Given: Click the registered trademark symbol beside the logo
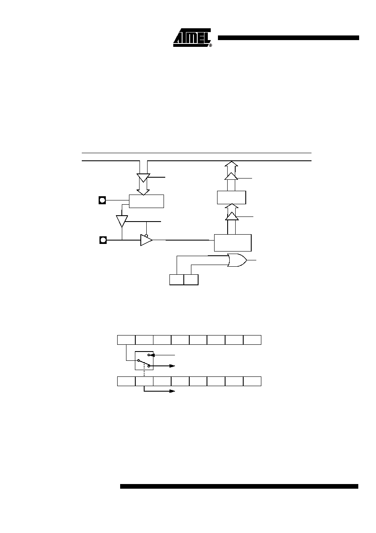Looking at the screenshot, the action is (x=210, y=45).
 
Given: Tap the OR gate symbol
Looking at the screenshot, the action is (x=237, y=260).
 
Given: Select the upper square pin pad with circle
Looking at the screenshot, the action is (x=102, y=200).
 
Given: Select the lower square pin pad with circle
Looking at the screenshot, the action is (x=103, y=240).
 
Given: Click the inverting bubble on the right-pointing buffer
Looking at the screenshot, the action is (x=146, y=235).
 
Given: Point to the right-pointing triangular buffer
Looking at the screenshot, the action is (x=146, y=240).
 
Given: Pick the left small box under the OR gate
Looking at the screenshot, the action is (x=177, y=280).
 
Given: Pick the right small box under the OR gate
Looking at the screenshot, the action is (x=191, y=280).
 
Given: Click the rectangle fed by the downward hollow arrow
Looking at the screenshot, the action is (x=146, y=201).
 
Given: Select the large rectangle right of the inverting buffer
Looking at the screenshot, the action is (x=233, y=243).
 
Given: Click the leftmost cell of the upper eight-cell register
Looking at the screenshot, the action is (x=126, y=340).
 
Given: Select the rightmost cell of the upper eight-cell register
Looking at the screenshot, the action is (x=252, y=340).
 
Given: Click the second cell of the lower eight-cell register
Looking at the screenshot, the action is (x=144, y=381).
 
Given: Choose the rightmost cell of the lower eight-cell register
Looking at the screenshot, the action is (x=252, y=381).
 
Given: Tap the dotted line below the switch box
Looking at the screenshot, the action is (x=144, y=373).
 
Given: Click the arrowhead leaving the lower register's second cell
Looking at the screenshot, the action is (x=172, y=391).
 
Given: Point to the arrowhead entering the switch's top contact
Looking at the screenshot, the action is (x=153, y=355).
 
